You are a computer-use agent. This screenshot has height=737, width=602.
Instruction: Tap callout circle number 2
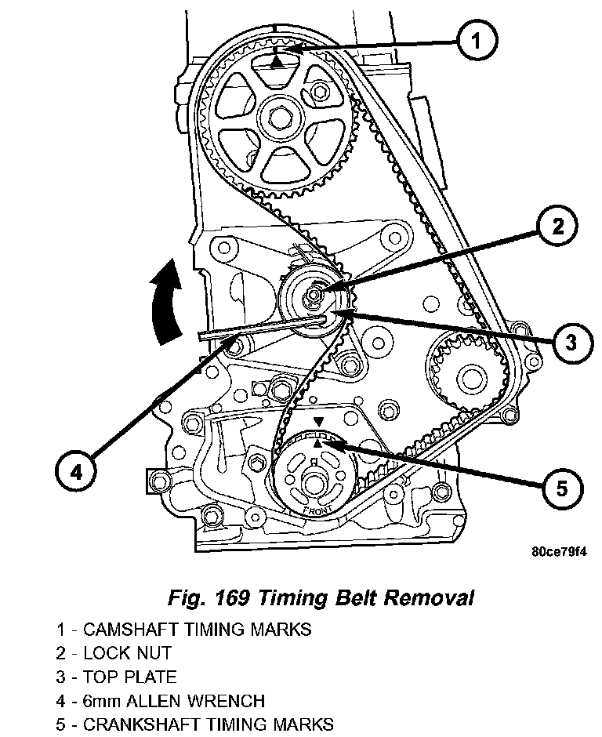point(557,227)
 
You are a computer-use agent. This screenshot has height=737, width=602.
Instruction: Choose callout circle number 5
point(562,488)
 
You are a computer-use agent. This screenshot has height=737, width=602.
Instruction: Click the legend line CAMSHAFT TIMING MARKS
point(183,629)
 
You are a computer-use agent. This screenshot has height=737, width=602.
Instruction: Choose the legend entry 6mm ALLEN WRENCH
point(160,699)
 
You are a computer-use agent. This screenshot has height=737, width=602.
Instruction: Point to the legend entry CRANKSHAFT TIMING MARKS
point(194,723)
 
